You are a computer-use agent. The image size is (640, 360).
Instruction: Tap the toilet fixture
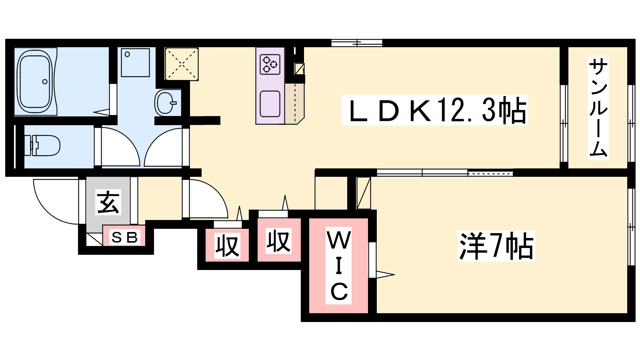coord(43,146)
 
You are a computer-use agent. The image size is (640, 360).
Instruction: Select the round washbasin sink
coord(165,103)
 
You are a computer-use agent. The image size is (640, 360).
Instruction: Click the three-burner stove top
coord(270,64)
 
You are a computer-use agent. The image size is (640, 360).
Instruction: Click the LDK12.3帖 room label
coord(435,110)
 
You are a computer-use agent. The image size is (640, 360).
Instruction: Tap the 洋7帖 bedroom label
coord(496,246)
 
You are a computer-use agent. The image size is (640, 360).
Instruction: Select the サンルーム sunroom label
coord(598,108)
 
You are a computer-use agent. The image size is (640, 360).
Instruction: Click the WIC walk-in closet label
coord(339,266)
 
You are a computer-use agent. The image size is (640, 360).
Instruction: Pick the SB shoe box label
coord(124,237)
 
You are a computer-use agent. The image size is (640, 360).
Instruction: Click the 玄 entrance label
coord(108,202)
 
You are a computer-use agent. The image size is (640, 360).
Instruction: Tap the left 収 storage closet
coord(227,246)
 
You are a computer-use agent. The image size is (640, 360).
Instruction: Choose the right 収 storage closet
coord(278,241)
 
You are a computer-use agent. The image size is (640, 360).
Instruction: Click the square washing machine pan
coord(135,62)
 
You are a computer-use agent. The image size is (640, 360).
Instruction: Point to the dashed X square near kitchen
coord(182,64)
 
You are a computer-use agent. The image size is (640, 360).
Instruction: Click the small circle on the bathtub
coord(45,82)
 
